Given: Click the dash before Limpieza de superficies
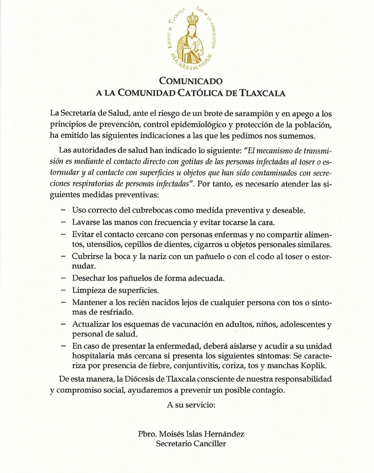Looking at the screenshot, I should pyautogui.click(x=63, y=290).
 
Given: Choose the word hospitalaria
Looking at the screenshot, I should pyautogui.click(x=98, y=356).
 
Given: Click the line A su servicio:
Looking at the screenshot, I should pyautogui.click(x=190, y=405).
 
